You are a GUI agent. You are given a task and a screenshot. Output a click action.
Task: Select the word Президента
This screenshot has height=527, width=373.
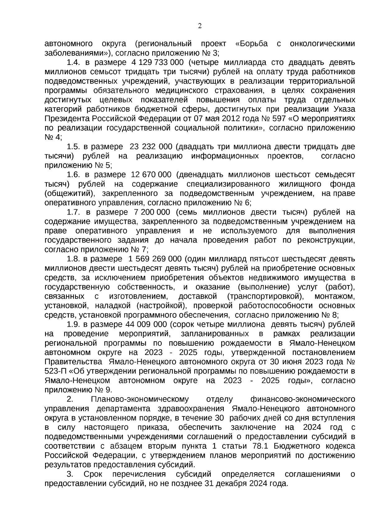[67, 119]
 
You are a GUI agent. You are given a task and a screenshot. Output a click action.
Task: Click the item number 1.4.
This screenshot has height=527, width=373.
[73, 62]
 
